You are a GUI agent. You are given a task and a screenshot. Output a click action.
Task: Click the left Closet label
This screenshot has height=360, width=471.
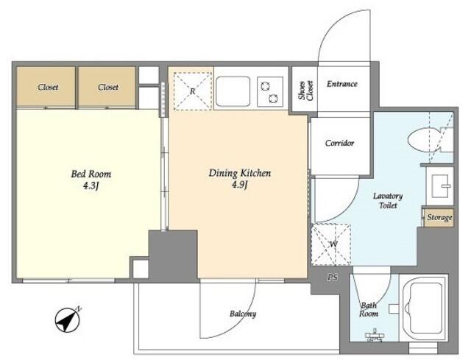(48, 87)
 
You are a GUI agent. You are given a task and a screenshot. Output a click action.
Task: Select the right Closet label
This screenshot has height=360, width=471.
(108, 87)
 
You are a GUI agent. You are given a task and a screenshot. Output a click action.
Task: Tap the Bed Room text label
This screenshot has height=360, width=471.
(91, 174)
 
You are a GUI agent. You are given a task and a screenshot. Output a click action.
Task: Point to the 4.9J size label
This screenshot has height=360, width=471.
(240, 184)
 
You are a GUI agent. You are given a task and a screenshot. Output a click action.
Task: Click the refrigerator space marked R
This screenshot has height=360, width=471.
(193, 91)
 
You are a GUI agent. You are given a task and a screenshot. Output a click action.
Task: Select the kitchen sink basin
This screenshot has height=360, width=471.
(233, 91)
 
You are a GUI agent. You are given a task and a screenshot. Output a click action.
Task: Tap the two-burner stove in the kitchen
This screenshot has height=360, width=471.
(270, 92)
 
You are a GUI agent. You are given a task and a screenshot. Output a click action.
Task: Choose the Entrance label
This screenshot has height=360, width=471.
(342, 84)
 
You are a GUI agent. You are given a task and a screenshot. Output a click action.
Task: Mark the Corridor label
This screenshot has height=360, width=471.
(339, 143)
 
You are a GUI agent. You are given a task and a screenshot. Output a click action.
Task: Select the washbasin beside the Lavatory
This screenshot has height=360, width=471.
(439, 186)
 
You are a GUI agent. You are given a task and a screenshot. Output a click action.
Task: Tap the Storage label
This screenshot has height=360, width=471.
(439, 217)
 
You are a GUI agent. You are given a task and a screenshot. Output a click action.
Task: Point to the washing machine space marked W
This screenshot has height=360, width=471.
(331, 244)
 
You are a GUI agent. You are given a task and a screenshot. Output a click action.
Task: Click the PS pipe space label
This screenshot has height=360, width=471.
(332, 278)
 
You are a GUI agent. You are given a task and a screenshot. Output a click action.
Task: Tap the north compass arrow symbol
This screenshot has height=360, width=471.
(68, 320)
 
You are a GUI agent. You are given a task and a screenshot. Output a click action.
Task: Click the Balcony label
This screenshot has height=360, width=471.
(243, 314)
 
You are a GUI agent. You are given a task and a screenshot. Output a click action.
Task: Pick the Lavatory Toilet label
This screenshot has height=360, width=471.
(388, 201)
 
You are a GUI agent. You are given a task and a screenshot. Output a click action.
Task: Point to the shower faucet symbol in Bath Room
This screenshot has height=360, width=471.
(374, 336)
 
